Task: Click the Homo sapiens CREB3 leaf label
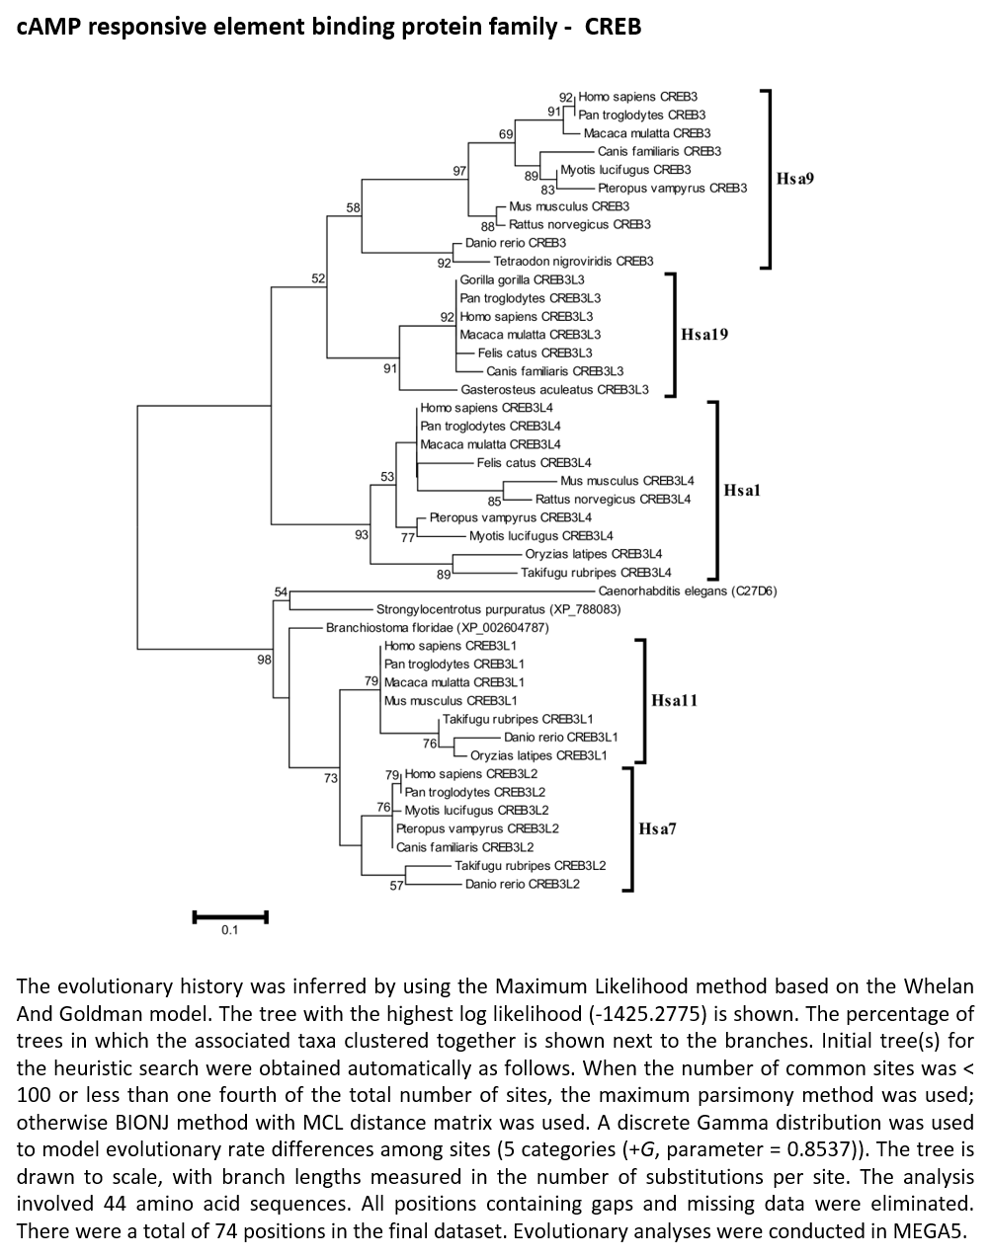click(x=637, y=97)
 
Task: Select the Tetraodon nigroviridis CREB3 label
click(x=573, y=262)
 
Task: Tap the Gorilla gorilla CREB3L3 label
click(x=522, y=280)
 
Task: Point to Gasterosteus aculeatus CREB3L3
click(x=554, y=389)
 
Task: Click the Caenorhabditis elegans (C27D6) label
click(x=688, y=591)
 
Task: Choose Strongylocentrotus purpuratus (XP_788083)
click(x=499, y=609)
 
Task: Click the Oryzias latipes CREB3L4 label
click(x=593, y=554)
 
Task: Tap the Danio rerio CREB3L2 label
click(x=523, y=884)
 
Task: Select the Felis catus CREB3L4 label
click(x=535, y=463)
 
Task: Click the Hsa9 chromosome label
click(x=795, y=179)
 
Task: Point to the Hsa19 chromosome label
click(x=704, y=335)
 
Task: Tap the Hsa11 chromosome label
click(x=675, y=700)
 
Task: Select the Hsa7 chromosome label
click(x=657, y=828)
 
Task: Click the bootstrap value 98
click(x=265, y=660)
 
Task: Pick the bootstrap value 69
click(x=506, y=134)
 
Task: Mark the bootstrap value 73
click(x=331, y=778)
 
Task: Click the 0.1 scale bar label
click(x=230, y=930)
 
